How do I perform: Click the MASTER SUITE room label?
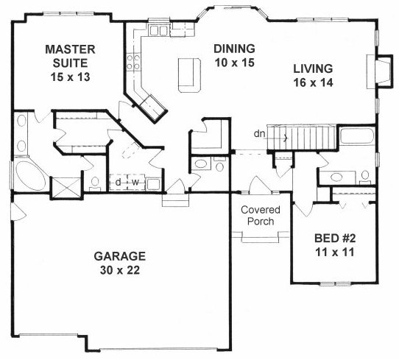[70, 56]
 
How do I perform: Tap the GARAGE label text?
[119, 256]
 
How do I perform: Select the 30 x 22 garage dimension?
[120, 270]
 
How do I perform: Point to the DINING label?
[234, 49]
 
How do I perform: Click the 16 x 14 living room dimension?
[313, 82]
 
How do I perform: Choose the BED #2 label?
[335, 239]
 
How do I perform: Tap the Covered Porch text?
[261, 216]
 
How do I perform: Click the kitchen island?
[190, 75]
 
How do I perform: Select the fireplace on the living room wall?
[378, 71]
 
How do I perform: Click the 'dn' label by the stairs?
[260, 134]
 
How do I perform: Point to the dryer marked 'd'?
[118, 182]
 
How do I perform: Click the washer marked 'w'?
[136, 182]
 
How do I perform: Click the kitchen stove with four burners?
[133, 62]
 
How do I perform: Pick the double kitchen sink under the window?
[158, 30]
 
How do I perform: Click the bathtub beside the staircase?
[357, 136]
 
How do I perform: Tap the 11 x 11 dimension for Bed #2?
[335, 253]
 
